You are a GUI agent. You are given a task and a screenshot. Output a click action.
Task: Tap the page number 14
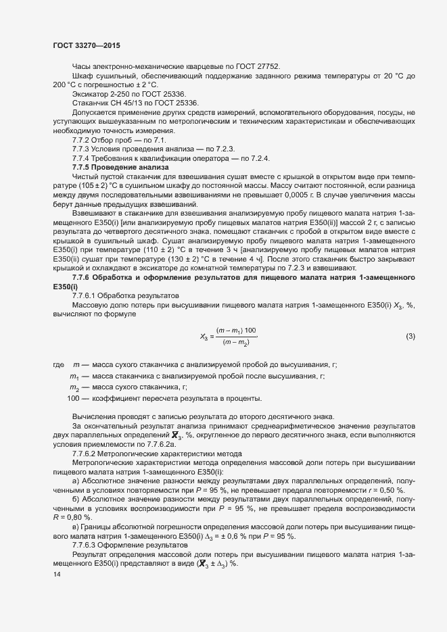[x=56, y=575]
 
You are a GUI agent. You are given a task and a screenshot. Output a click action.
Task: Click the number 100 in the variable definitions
[x=74, y=397]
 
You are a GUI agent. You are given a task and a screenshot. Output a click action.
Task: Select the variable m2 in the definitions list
[x=74, y=387]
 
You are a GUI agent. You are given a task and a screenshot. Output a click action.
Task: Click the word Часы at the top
[x=83, y=66]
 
